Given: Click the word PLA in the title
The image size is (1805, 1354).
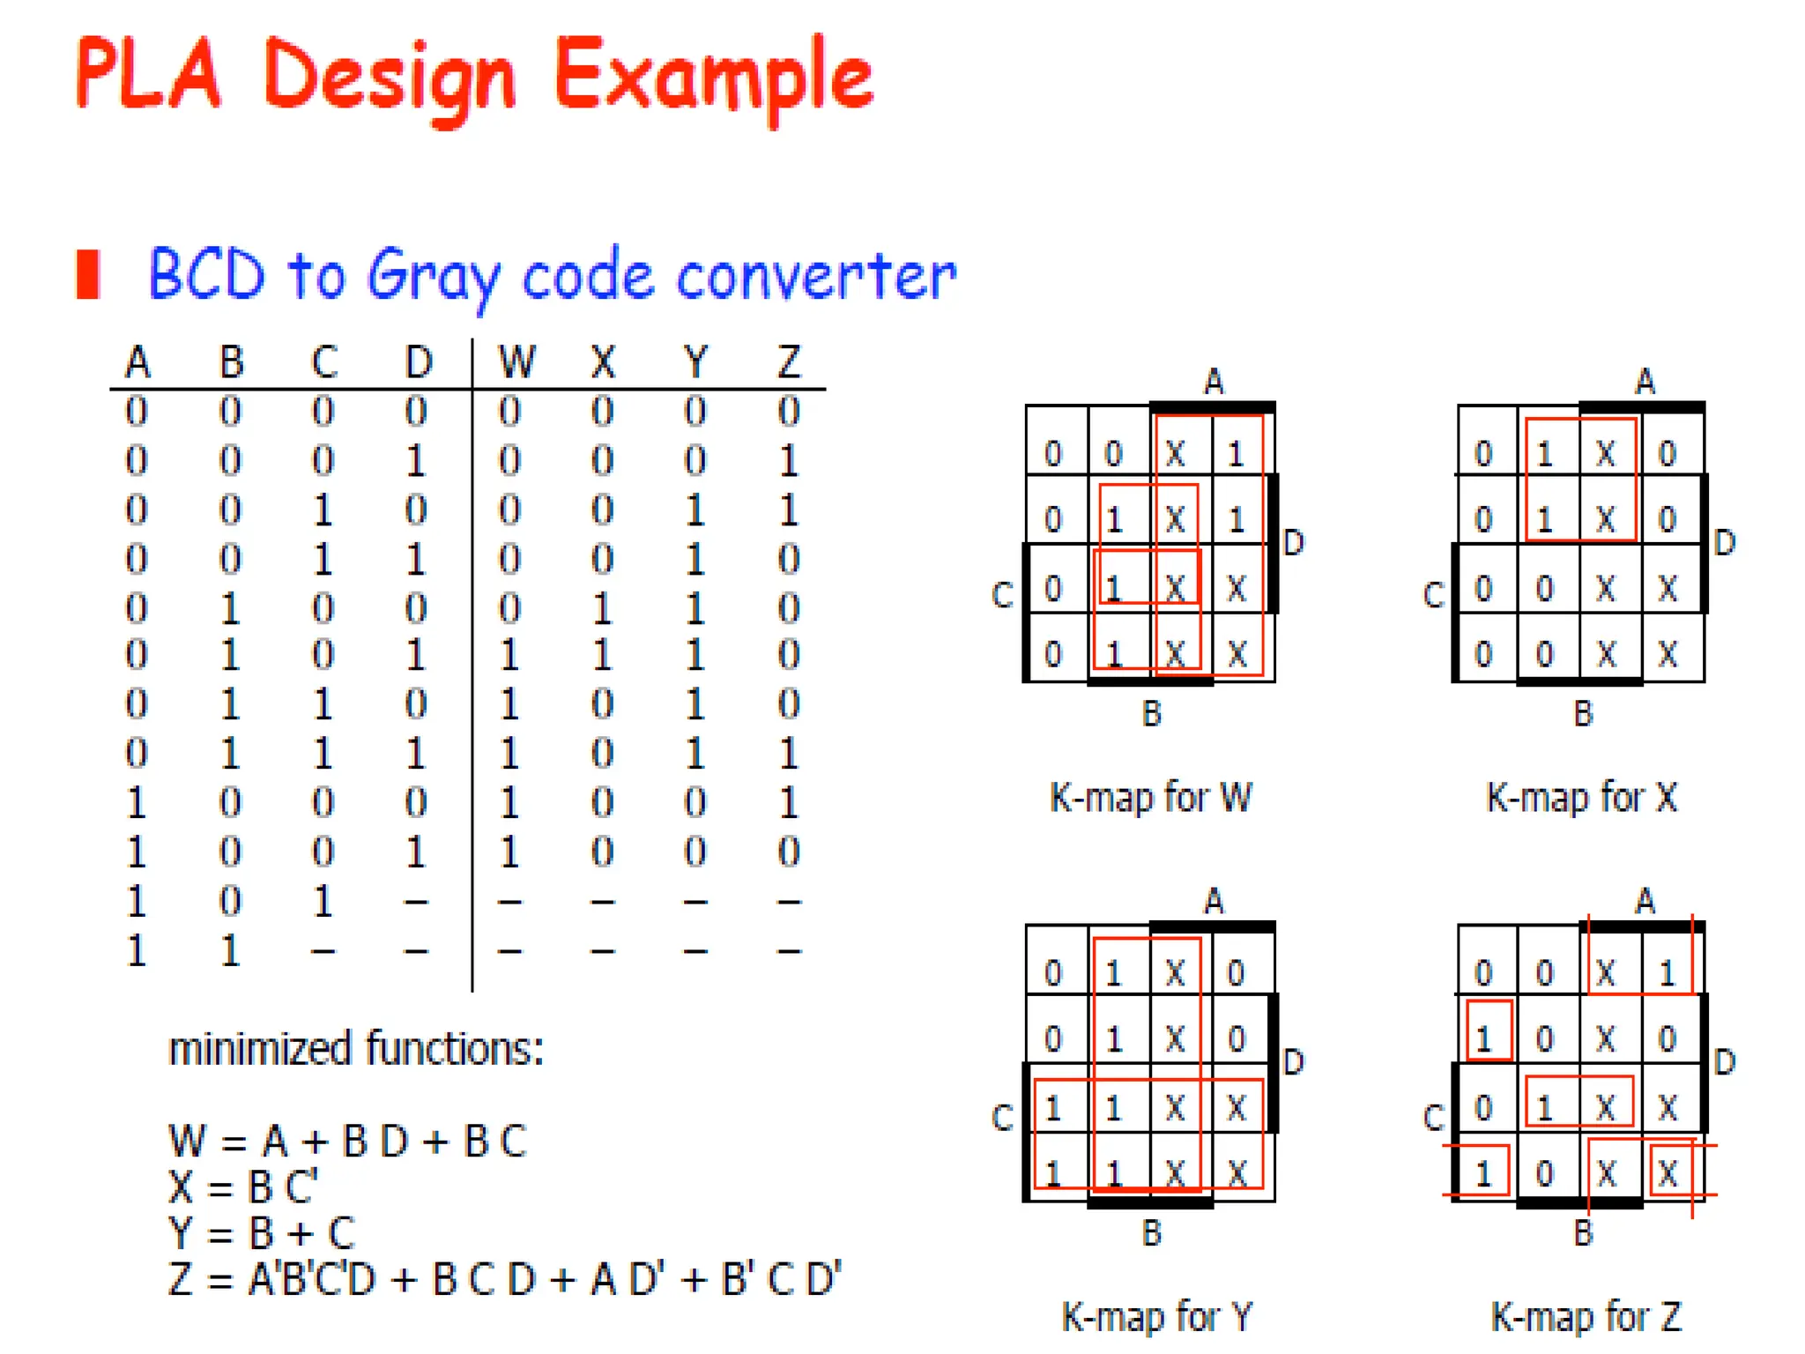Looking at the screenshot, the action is click(148, 74).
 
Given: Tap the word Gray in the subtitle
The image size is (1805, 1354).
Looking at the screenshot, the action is click(432, 277).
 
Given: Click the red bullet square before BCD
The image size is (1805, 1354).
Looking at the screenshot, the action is click(88, 274).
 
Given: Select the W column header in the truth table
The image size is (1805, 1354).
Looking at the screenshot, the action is click(516, 361).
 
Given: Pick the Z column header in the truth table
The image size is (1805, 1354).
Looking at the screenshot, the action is click(789, 361).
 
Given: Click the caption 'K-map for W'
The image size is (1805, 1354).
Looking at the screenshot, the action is click(1150, 797).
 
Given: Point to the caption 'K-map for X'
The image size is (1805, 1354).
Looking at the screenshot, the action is click(1582, 797).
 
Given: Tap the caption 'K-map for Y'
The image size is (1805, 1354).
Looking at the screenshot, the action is click(1156, 1317).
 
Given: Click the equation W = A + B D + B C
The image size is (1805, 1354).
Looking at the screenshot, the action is click(348, 1142).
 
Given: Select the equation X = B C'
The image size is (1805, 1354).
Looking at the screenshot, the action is click(243, 1187).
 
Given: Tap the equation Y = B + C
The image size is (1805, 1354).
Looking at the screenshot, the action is click(262, 1233).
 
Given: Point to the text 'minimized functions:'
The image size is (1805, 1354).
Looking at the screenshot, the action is click(356, 1049).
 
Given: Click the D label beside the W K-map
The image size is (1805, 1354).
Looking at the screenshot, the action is click(1293, 543).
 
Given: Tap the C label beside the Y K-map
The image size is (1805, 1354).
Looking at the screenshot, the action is click(1002, 1118).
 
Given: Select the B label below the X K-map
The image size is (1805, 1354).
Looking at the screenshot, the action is click(1583, 713).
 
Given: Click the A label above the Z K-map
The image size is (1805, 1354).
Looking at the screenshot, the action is click(1645, 901).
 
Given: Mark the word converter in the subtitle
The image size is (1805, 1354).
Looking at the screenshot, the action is click(816, 277).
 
